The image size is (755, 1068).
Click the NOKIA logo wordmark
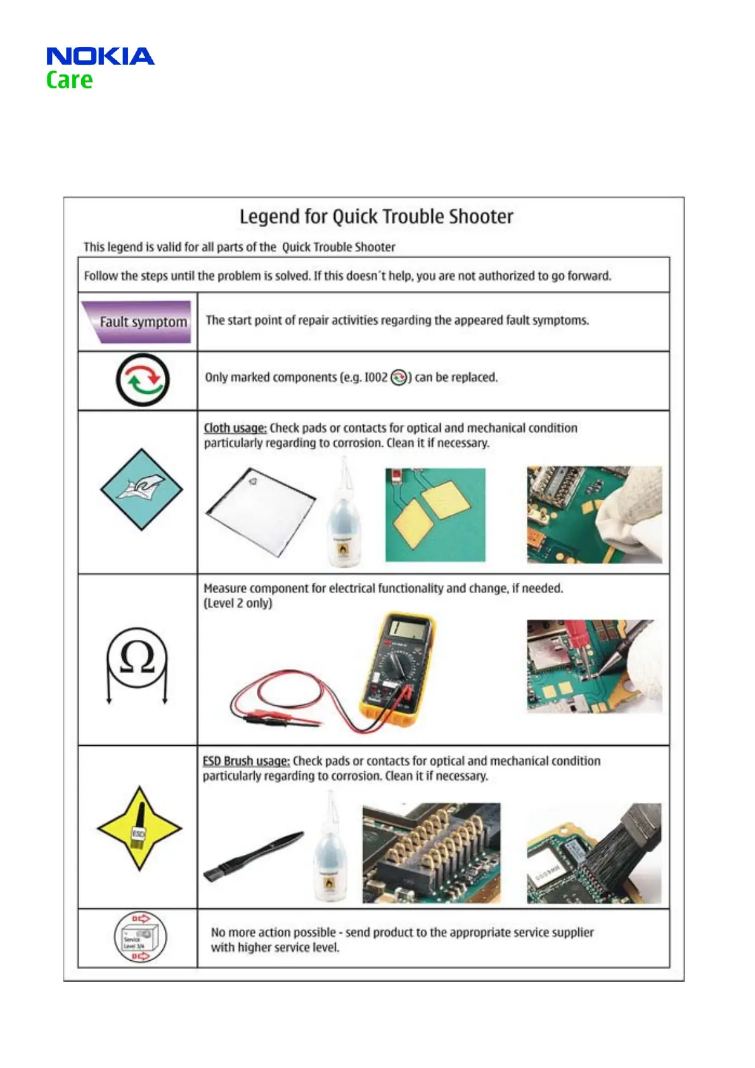click(100, 56)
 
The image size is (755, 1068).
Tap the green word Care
click(69, 81)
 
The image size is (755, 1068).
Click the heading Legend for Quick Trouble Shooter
click(376, 217)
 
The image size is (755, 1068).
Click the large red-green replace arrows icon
click(142, 380)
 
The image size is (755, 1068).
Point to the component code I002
click(375, 377)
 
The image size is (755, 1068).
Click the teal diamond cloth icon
click(141, 489)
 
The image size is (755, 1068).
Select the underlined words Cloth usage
click(235, 428)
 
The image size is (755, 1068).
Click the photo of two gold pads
click(435, 514)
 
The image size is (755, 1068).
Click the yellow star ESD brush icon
click(139, 828)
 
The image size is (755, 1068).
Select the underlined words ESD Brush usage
click(246, 761)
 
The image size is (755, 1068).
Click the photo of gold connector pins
click(431, 853)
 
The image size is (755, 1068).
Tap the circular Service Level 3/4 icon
click(140, 937)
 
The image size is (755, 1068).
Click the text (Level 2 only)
click(238, 603)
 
